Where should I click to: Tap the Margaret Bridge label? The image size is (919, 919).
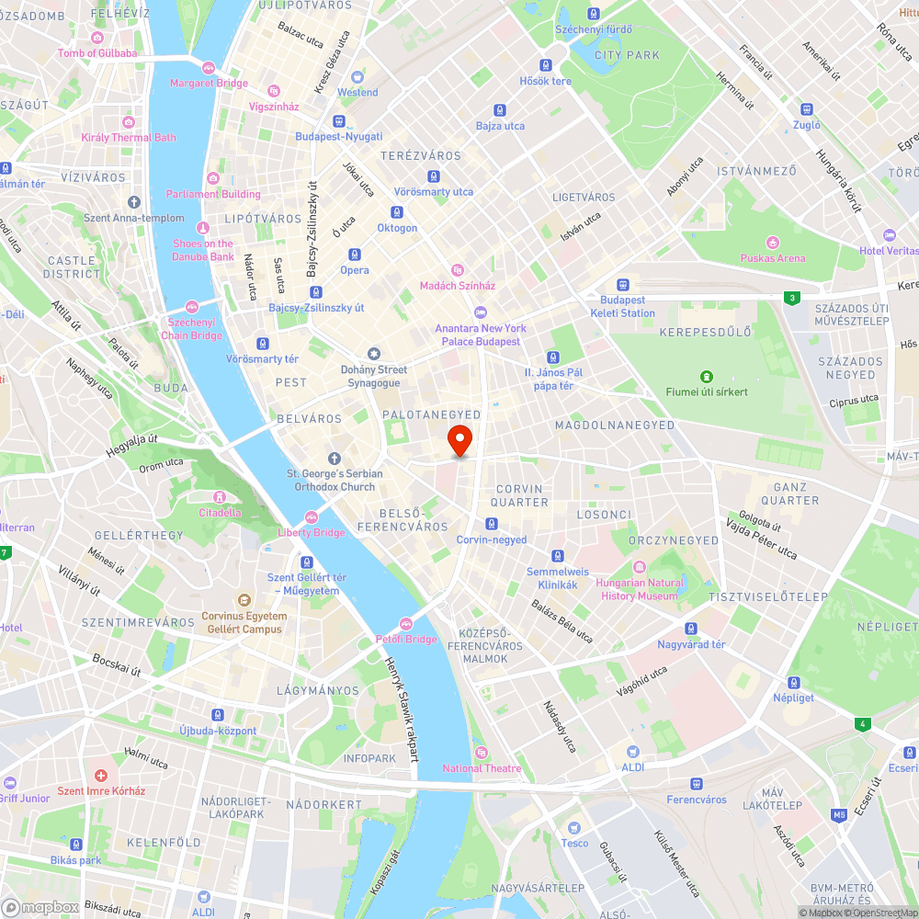(209, 83)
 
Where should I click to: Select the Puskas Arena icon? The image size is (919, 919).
(772, 243)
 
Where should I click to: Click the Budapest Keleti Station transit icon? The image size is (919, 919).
(623, 285)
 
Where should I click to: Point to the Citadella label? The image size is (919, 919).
(221, 513)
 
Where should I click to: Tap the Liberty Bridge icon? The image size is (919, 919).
(312, 517)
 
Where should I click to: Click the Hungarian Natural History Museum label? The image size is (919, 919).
(640, 589)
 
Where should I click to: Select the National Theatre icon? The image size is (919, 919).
(481, 753)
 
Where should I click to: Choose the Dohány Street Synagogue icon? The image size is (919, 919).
(373, 354)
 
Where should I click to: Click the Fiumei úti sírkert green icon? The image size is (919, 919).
(706, 377)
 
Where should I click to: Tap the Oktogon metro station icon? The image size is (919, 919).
(397, 212)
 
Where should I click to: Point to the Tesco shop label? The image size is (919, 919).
(574, 843)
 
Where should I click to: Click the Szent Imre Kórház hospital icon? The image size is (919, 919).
(101, 776)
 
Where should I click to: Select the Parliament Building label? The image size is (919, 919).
(213, 194)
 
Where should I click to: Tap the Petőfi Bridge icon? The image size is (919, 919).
(406, 624)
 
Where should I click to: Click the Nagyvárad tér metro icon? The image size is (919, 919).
(691, 629)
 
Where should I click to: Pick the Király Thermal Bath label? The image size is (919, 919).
(129, 138)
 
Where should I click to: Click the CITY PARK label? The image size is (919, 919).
(627, 55)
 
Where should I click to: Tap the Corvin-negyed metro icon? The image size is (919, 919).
(492, 524)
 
